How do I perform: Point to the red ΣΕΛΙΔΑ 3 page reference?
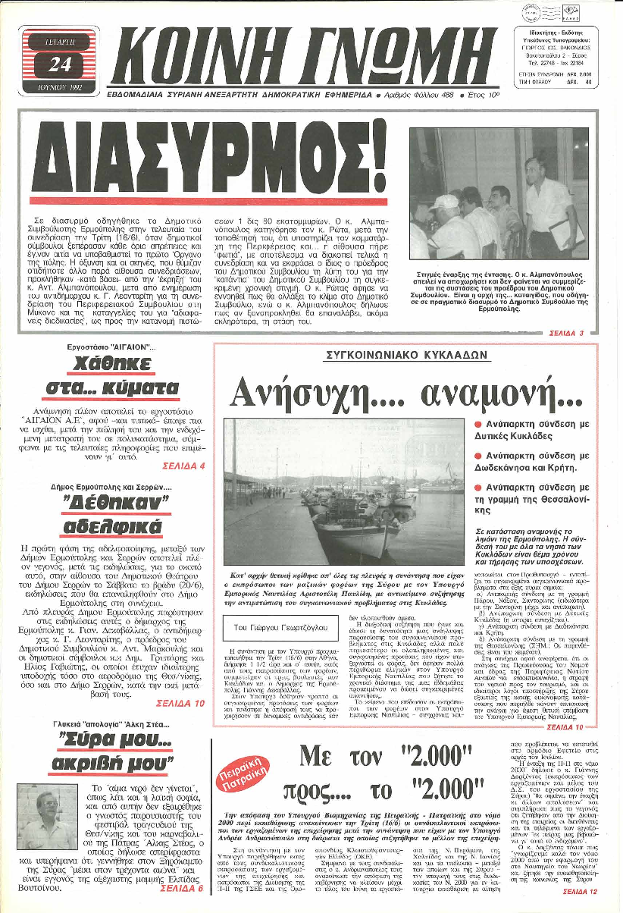(x=566, y=333)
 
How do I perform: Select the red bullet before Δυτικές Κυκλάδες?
(x=478, y=424)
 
